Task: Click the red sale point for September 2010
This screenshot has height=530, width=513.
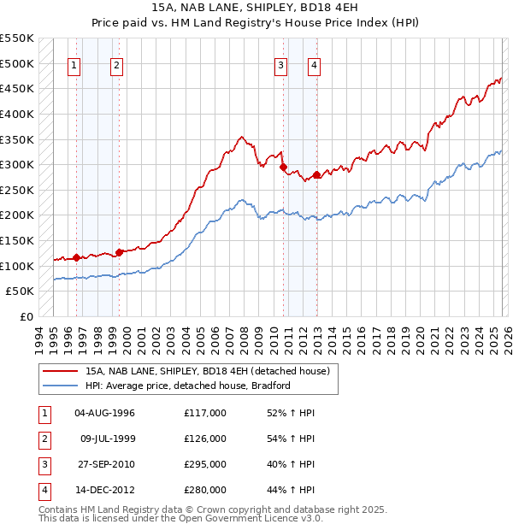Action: (x=284, y=168)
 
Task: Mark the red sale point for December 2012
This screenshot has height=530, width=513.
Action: (x=317, y=175)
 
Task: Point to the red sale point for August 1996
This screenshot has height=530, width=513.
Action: (x=77, y=256)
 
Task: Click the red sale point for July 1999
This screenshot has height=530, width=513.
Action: (x=119, y=252)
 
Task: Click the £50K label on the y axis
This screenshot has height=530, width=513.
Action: (x=20, y=291)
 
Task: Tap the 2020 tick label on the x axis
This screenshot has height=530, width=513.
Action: (x=419, y=339)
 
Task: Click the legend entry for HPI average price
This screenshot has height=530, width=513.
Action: (x=188, y=386)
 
